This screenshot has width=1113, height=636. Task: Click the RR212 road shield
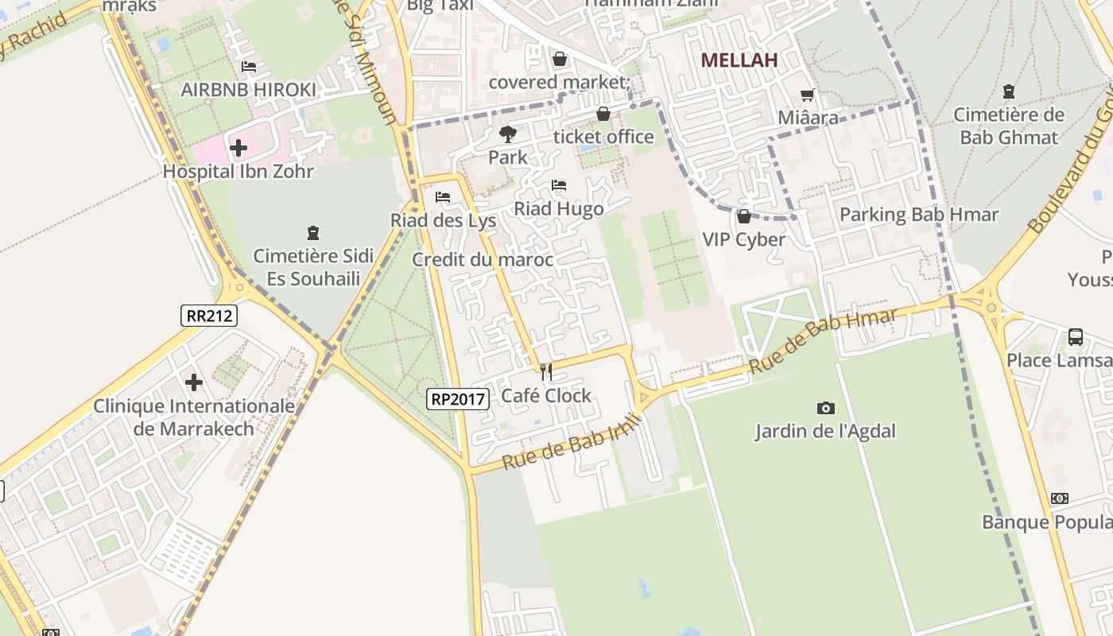[209, 315]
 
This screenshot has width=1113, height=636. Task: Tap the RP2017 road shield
[457, 398]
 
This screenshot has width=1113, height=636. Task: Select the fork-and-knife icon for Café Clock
[546, 371]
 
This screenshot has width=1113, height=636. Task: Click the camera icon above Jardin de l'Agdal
[826, 408]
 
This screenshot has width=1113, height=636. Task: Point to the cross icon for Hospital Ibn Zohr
[238, 147]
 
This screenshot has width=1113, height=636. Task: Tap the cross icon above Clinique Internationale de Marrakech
[194, 382]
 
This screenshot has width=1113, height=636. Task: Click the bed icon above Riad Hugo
[559, 185]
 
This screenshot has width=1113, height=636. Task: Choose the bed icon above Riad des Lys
[443, 196]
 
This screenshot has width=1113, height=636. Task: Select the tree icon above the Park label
[507, 134]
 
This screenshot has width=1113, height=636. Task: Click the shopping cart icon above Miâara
[808, 95]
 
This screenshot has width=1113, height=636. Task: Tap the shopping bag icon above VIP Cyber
[744, 215]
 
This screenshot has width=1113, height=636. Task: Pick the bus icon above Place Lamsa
[1075, 336]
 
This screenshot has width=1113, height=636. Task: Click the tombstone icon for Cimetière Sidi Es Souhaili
[313, 233]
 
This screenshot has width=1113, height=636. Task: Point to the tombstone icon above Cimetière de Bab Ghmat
[1009, 91]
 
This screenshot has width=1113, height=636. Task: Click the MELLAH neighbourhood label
[739, 60]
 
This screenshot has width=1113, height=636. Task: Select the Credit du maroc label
[483, 260]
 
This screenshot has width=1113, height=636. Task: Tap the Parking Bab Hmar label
[919, 215]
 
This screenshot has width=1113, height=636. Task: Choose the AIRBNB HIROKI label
[248, 90]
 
